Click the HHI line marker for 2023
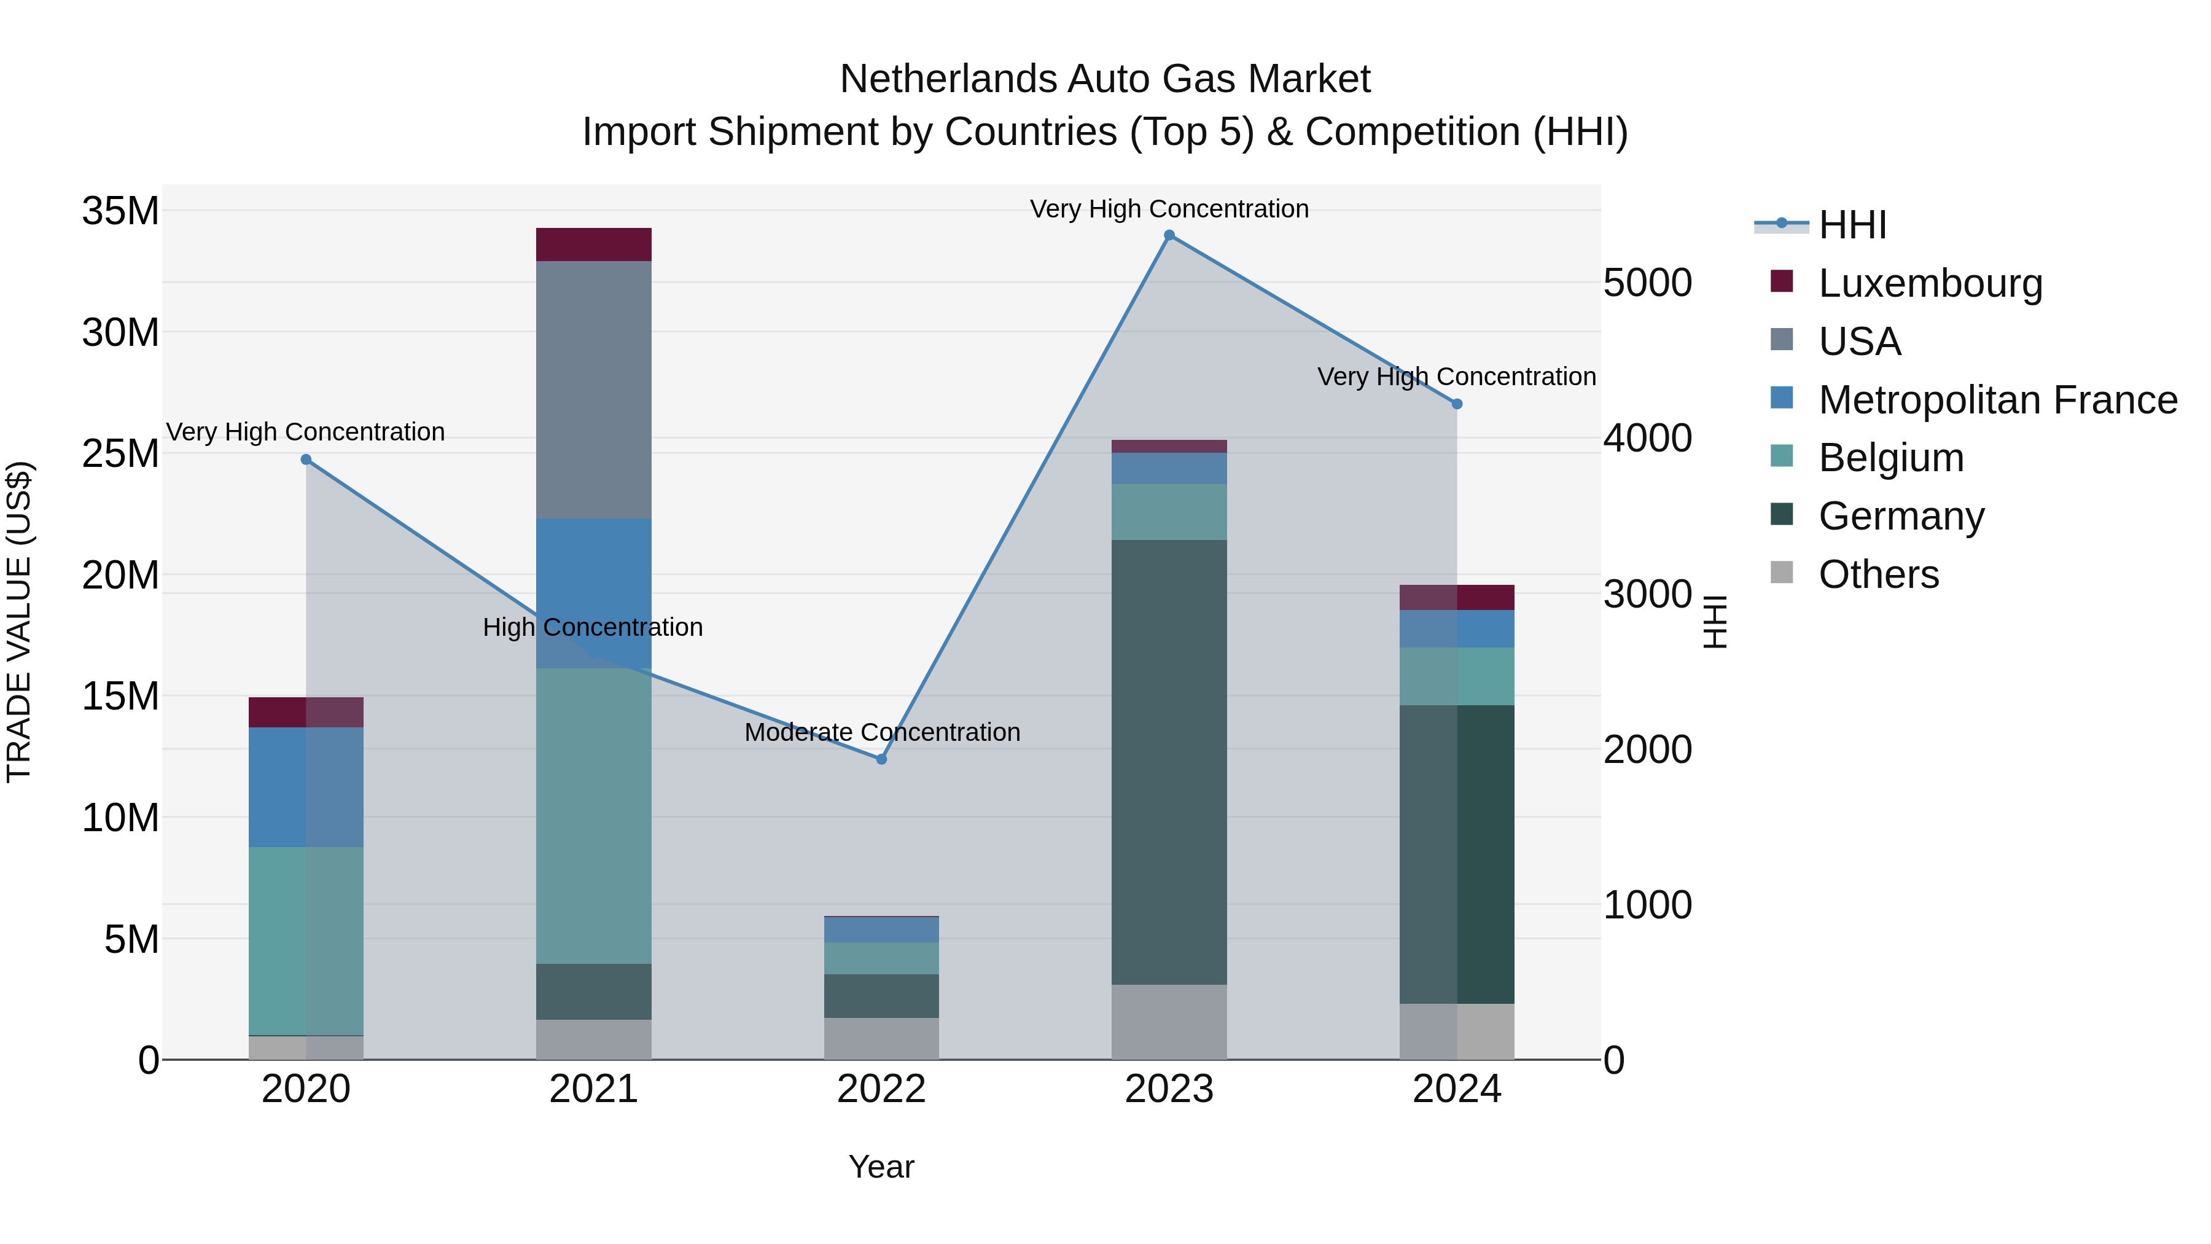click(1169, 235)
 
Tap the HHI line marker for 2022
click(881, 759)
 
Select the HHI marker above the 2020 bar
click(306, 460)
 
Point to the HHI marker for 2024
click(1457, 404)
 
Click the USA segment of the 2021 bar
click(593, 389)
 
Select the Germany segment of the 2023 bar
click(1169, 762)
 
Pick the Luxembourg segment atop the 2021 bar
click(593, 244)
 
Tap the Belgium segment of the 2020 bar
click(306, 941)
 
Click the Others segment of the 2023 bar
click(1169, 1022)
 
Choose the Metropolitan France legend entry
click(1997, 400)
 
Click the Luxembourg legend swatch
click(1782, 281)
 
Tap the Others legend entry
click(1878, 574)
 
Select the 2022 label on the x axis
click(881, 1089)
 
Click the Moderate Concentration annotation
click(881, 732)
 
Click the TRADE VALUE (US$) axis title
click(19, 622)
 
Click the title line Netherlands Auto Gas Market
click(1105, 79)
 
